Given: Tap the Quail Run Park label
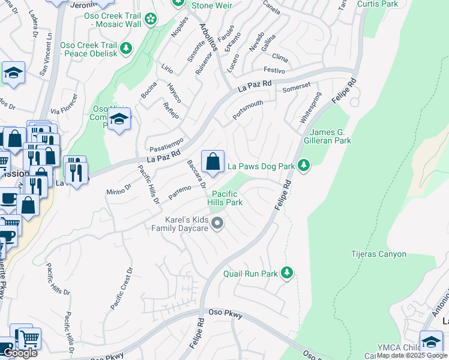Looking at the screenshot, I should point(250,274).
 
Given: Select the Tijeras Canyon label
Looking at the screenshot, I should point(378,254).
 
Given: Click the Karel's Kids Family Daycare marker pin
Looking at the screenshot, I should point(218,224).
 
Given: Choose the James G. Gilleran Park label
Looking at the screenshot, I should point(330,136).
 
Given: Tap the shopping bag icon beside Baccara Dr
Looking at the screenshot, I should point(212,161).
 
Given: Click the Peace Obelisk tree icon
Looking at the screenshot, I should point(125,47).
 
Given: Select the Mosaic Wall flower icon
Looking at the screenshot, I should point(151,20).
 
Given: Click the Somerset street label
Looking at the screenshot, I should point(297,87).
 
